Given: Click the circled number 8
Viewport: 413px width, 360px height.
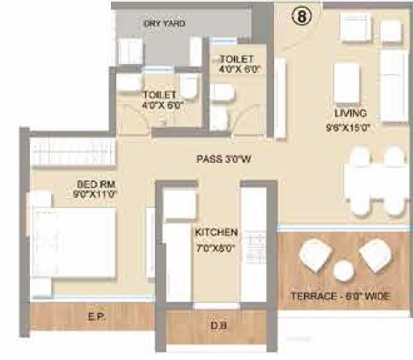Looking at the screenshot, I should tap(302, 15).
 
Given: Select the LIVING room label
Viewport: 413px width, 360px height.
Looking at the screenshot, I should tap(351, 113).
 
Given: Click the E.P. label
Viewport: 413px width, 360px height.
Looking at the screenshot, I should tap(96, 316).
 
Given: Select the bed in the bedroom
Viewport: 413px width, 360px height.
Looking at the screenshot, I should tap(73, 243).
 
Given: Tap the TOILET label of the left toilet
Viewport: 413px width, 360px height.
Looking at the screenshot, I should tap(160, 94).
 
